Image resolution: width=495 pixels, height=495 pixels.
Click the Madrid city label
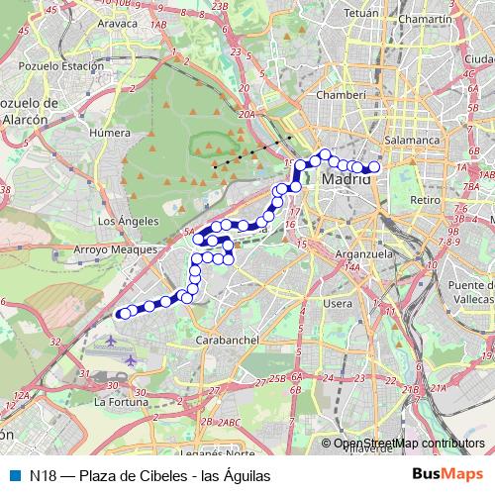tap(346, 182)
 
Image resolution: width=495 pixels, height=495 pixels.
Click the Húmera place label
tap(109, 132)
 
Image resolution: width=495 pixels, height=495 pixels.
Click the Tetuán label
tap(359, 14)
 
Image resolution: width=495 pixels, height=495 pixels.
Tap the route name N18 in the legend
tap(43, 475)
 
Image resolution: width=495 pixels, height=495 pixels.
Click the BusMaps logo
tap(448, 475)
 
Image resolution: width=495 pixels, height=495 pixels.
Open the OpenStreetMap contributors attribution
tap(409, 444)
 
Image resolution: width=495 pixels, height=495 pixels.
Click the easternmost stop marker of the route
tap(374, 168)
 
